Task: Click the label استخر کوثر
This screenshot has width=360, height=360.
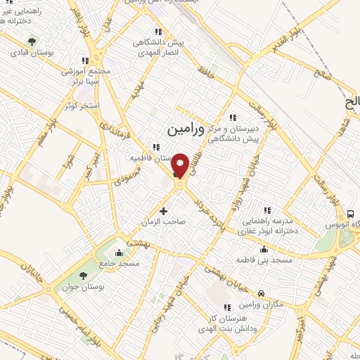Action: [x=79, y=105]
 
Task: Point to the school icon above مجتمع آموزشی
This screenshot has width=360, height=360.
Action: [x=86, y=61]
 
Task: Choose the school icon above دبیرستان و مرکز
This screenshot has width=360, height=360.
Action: [x=233, y=117]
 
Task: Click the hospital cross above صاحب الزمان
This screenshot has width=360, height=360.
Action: [x=164, y=210]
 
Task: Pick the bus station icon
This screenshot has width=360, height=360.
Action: [x=350, y=214]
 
